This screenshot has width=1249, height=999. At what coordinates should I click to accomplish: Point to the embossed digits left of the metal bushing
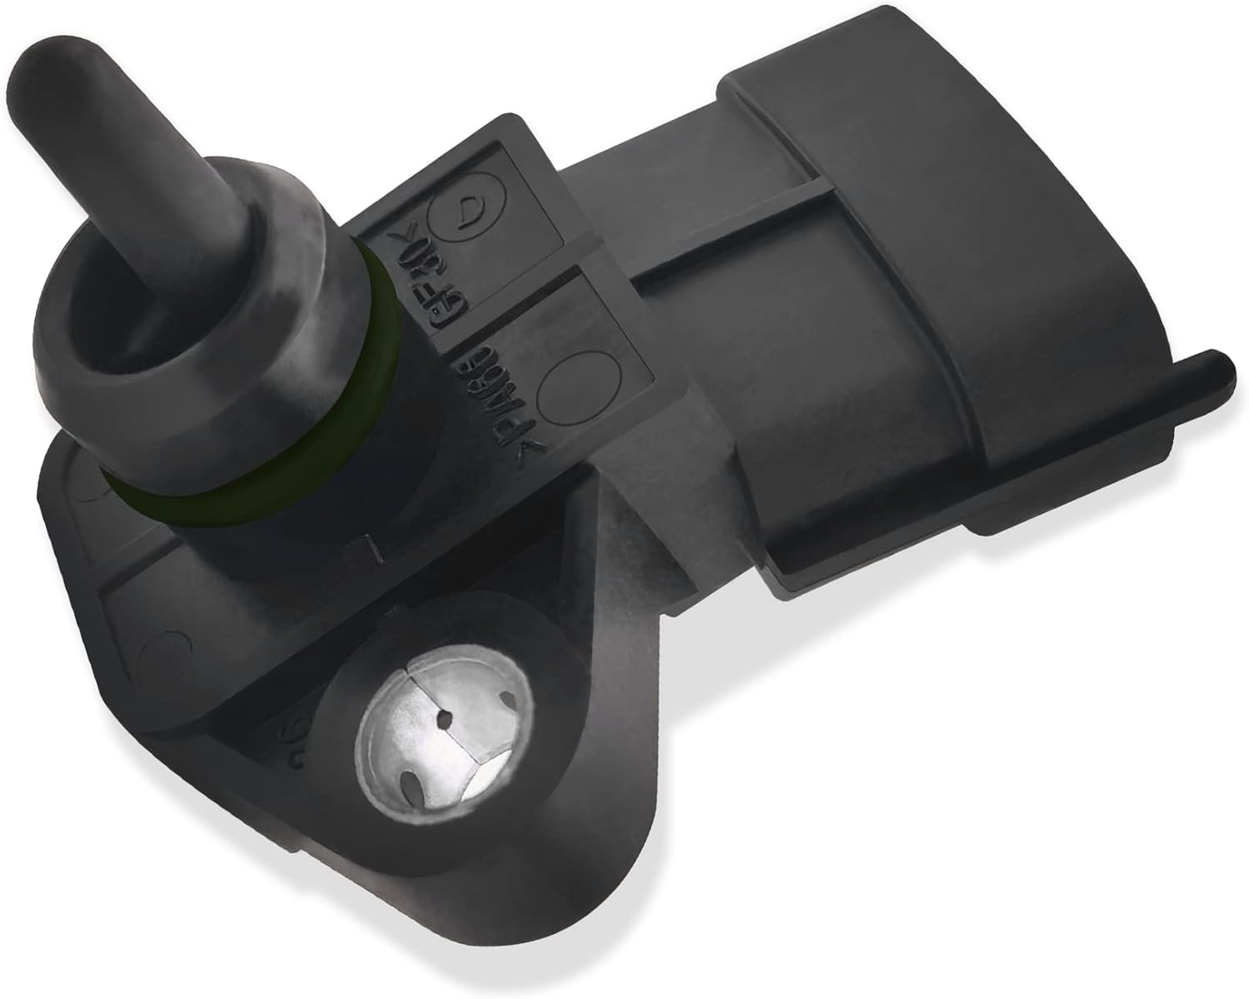pyautogui.click(x=296, y=733)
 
